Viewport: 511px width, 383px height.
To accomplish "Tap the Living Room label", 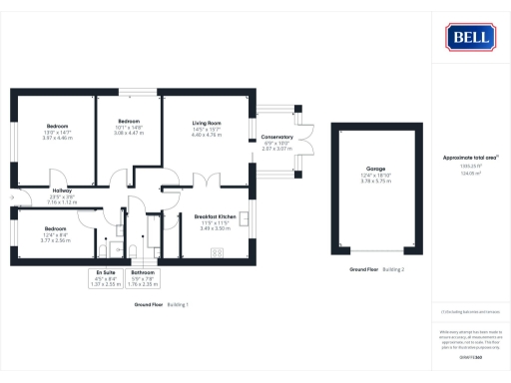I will click(207, 123).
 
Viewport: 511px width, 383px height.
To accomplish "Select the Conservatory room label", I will click(276, 137).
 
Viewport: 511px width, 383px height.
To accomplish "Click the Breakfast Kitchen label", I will click(215, 216).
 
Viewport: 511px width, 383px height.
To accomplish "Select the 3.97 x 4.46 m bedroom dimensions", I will click(59, 138).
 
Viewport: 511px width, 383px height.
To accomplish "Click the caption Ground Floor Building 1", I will click(162, 303).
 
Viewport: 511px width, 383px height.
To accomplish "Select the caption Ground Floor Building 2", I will click(374, 270).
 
